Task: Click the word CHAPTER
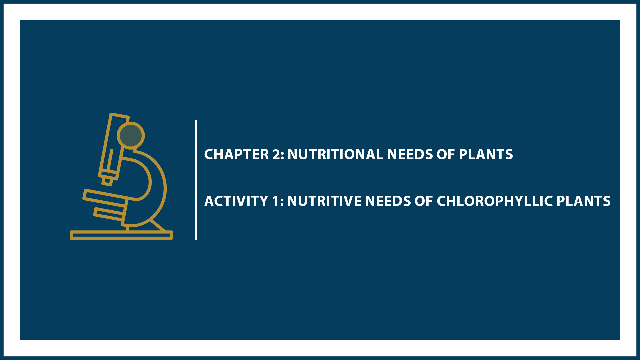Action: click(x=236, y=154)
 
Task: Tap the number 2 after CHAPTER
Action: click(x=278, y=154)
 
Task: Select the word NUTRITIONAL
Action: click(x=335, y=154)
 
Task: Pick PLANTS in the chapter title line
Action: click(x=486, y=154)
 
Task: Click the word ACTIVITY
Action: click(x=236, y=201)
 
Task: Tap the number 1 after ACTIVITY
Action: click(x=276, y=201)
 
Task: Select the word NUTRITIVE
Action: click(x=324, y=201)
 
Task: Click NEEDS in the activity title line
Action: click(x=388, y=201)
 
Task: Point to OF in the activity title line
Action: click(x=424, y=201)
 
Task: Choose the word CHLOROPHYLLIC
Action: click(x=495, y=201)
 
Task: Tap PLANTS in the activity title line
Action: click(x=583, y=201)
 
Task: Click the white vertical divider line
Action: click(x=196, y=180)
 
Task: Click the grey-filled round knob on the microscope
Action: click(x=131, y=135)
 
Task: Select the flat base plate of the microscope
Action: click(x=121, y=235)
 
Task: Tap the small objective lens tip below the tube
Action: click(x=107, y=181)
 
